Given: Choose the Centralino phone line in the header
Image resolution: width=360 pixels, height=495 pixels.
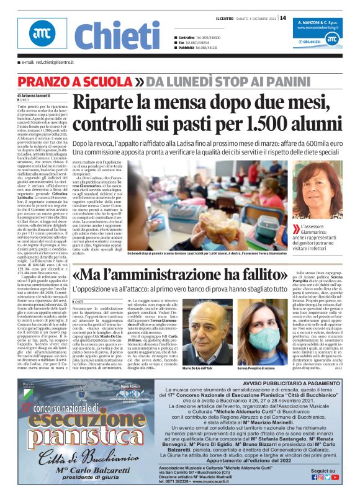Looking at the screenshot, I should click(x=197, y=37).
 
